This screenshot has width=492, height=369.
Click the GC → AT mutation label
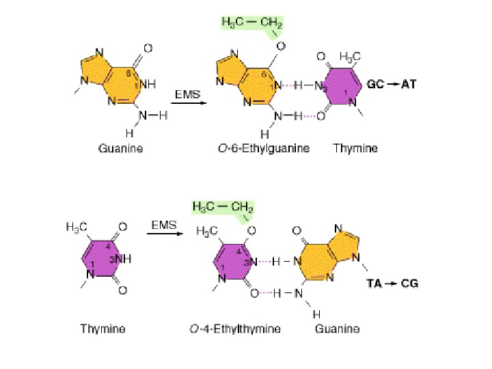(x=392, y=85)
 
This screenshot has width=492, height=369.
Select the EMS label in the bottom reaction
(x=164, y=223)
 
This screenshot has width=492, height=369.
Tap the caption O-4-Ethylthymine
(x=235, y=329)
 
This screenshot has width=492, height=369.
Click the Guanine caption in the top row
(x=121, y=148)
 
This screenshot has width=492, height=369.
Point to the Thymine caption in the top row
(x=355, y=148)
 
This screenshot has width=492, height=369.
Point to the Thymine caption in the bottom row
(x=102, y=329)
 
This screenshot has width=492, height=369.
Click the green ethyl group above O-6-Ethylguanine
(x=251, y=24)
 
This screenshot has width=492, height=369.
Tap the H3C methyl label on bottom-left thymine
(x=76, y=226)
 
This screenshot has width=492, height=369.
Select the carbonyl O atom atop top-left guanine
(x=147, y=49)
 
